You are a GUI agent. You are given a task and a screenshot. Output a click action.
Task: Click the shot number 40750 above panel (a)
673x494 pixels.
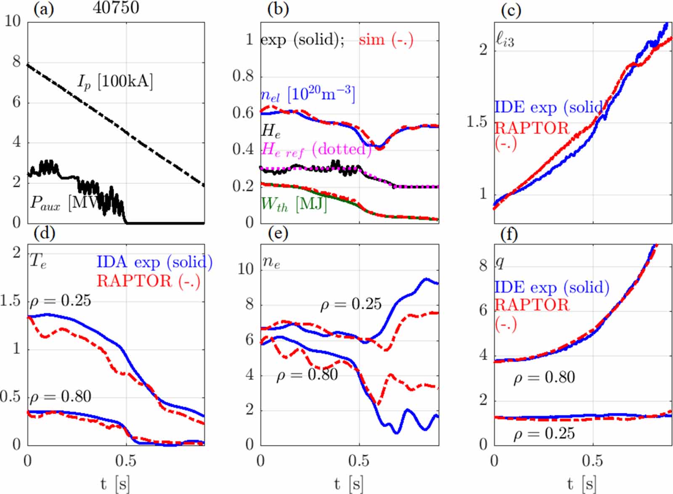click(116, 8)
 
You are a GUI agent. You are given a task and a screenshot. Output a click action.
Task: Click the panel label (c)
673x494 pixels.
click(511, 9)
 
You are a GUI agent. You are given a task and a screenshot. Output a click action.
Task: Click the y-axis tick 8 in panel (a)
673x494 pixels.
click(16, 61)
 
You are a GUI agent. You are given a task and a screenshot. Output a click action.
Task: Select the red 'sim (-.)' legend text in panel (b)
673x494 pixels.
click(386, 40)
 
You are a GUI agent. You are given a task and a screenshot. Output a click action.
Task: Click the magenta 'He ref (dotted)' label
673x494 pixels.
click(316, 149)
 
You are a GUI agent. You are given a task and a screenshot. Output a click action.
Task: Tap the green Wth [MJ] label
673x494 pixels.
click(294, 204)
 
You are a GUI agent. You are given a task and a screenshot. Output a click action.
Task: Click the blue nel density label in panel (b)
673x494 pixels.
click(307, 94)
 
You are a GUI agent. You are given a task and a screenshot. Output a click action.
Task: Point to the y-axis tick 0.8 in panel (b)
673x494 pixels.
click(243, 76)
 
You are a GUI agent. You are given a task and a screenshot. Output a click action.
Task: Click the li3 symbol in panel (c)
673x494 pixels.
click(505, 40)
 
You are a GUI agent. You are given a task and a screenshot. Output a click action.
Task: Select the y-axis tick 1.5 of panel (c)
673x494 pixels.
click(477, 122)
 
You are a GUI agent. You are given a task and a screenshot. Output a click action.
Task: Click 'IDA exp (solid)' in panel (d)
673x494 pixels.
click(154, 262)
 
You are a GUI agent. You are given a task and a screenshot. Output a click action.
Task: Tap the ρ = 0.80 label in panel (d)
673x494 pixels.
click(60, 396)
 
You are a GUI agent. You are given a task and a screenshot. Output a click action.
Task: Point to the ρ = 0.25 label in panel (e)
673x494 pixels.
click(351, 304)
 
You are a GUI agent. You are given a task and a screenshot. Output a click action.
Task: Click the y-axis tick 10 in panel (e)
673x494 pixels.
click(246, 268)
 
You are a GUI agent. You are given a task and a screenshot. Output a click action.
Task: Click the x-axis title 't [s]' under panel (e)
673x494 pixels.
click(350, 484)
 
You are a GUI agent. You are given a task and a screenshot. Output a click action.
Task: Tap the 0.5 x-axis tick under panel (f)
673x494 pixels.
click(592, 461)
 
